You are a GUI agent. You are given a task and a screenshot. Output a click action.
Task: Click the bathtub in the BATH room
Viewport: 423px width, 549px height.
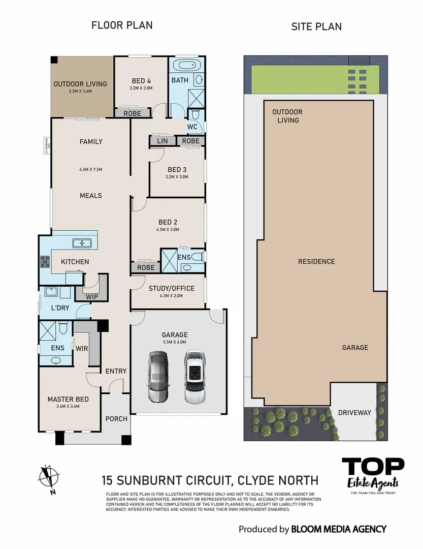(183, 66)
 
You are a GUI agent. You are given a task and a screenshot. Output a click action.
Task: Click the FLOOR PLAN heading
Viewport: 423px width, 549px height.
(122, 25)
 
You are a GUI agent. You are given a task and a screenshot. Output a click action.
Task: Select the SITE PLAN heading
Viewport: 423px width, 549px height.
(316, 26)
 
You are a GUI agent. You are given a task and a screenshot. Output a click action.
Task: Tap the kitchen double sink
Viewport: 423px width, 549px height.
(81, 243)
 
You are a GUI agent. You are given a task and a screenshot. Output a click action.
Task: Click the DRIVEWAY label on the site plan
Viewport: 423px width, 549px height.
(354, 413)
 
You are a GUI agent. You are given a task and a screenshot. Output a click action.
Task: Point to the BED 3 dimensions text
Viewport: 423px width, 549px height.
(177, 177)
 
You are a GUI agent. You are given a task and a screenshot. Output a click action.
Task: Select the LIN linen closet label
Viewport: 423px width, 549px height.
(162, 141)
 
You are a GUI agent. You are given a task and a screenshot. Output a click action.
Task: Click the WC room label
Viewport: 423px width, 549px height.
(192, 126)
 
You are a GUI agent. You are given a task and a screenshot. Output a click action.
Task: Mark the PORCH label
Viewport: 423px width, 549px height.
(116, 419)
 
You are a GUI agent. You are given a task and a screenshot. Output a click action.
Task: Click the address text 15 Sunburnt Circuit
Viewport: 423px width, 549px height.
(210, 480)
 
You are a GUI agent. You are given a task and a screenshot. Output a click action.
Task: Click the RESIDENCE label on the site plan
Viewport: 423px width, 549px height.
(316, 261)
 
